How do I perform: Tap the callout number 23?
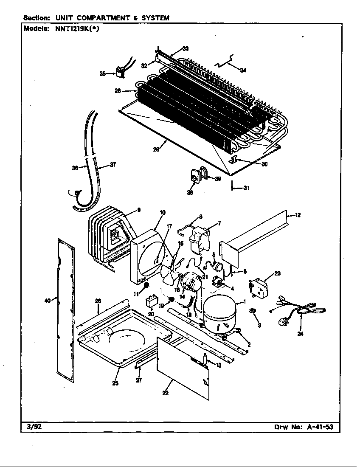coord(278,274)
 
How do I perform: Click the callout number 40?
coord(48,301)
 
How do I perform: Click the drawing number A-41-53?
coord(322,428)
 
